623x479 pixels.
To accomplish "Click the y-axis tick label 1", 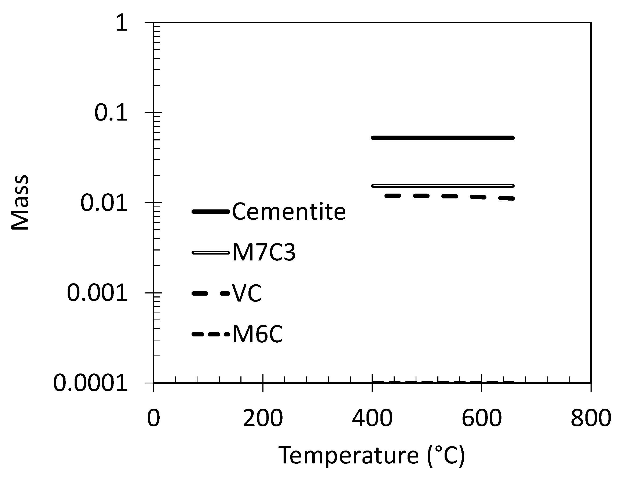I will point(122,23).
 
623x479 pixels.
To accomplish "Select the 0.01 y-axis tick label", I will point(104,203).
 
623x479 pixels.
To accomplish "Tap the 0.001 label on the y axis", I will point(97,293).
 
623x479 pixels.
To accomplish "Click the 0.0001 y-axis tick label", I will point(90,383).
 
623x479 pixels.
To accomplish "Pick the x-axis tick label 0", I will point(153,418).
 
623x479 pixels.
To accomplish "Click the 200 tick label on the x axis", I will point(263,418).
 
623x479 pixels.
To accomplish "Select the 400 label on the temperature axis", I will point(372,418).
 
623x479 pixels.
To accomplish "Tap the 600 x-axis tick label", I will point(481,418).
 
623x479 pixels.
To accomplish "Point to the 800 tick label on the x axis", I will point(591,418).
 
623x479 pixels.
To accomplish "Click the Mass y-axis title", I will point(20,203).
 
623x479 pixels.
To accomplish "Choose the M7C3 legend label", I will point(264,253).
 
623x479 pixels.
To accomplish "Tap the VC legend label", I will point(247,293).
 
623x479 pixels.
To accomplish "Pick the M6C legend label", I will point(258,334).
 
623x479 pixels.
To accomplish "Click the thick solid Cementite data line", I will point(443,138).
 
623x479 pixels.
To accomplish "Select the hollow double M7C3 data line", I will point(443,186).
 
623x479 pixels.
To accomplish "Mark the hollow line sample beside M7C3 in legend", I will point(211,253).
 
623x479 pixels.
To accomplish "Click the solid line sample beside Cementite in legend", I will point(211,212).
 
